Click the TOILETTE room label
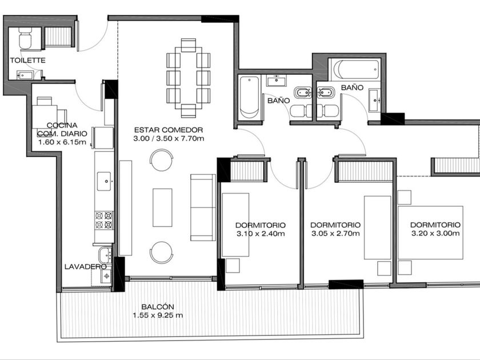click(x=27, y=61)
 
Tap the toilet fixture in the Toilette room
click(x=25, y=38)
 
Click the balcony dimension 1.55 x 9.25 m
click(x=158, y=315)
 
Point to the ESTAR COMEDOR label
click(x=169, y=130)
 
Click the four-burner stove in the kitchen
click(x=104, y=220)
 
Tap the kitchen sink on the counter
click(x=104, y=181)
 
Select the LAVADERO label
click(x=85, y=267)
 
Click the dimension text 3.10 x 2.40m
click(x=261, y=234)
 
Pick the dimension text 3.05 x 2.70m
click(x=335, y=234)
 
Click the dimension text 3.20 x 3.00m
click(x=435, y=234)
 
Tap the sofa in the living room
click(x=203, y=207)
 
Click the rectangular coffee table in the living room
click(x=162, y=207)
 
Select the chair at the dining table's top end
click(x=188, y=45)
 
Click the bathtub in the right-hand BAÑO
click(x=356, y=70)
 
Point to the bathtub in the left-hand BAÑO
click(x=249, y=97)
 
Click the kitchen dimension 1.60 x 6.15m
click(x=62, y=142)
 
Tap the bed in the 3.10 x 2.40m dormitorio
click(x=235, y=225)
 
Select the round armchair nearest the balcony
click(x=161, y=252)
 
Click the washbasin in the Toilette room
click(x=26, y=75)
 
